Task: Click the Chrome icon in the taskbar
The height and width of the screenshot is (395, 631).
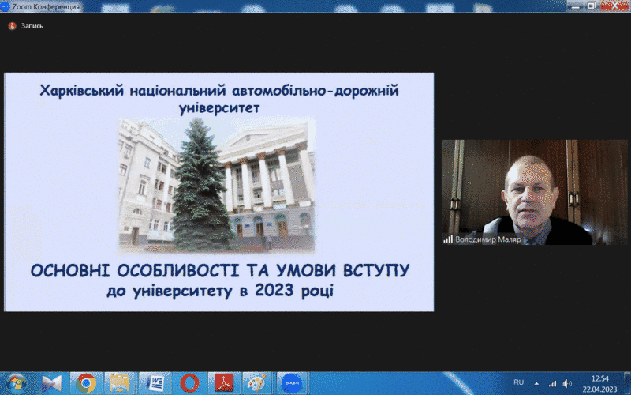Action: [x=86, y=383]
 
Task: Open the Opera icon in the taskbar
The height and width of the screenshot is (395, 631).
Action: [x=189, y=383]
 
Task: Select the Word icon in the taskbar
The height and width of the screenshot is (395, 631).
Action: [x=155, y=383]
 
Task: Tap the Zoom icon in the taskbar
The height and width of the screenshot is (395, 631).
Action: [x=292, y=383]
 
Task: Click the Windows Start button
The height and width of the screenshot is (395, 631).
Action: [x=15, y=383]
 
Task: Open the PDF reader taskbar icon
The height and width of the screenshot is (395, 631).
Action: [x=224, y=383]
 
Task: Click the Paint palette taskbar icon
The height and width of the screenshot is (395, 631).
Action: [x=258, y=383]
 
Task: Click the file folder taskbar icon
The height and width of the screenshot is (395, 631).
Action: [x=120, y=383]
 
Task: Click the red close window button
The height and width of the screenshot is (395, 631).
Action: [x=614, y=6]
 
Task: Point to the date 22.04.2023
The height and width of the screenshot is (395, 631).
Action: [x=599, y=389]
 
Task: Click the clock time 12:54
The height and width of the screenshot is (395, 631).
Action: [x=600, y=378]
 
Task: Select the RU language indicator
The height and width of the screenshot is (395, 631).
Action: [x=519, y=382]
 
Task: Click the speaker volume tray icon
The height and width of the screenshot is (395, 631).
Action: [x=567, y=383]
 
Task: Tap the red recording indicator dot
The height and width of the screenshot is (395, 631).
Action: [x=12, y=26]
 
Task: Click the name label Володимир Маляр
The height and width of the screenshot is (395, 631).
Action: [x=488, y=239]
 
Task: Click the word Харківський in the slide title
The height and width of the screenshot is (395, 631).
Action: [x=82, y=91]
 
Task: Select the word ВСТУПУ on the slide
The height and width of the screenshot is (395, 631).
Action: [x=376, y=270]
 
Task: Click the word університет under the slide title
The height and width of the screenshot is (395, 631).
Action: [x=219, y=108]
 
